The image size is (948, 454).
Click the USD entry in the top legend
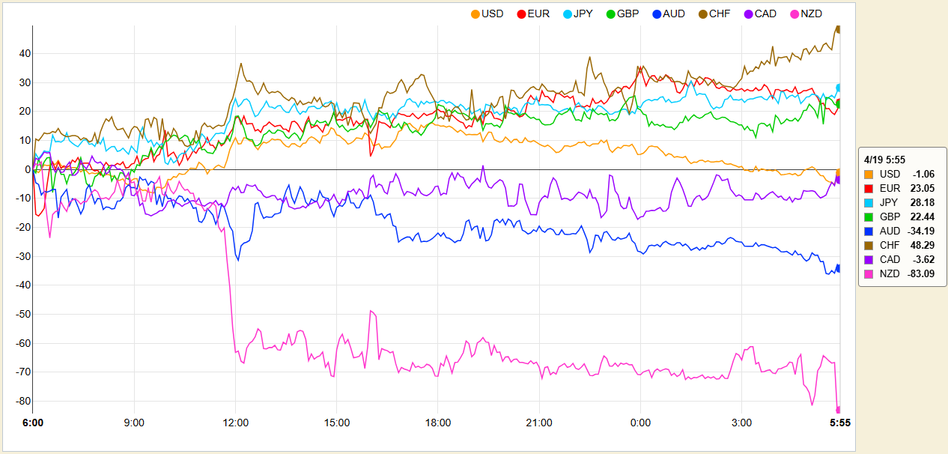(487, 13)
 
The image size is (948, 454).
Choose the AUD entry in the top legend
(668, 13)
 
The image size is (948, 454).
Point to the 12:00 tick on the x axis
(236, 423)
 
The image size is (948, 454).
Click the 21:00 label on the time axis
(539, 423)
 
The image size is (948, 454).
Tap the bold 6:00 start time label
(33, 423)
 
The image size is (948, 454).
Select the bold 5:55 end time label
(838, 423)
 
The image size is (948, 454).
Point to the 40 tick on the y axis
(24, 53)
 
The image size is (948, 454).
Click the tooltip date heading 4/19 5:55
(885, 159)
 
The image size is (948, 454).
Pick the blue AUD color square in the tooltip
(869, 231)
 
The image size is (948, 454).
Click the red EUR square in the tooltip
(869, 188)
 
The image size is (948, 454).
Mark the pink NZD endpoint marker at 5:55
(839, 410)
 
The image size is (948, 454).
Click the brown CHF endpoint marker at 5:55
(839, 29)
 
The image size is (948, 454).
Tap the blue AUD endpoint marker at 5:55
(839, 268)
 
